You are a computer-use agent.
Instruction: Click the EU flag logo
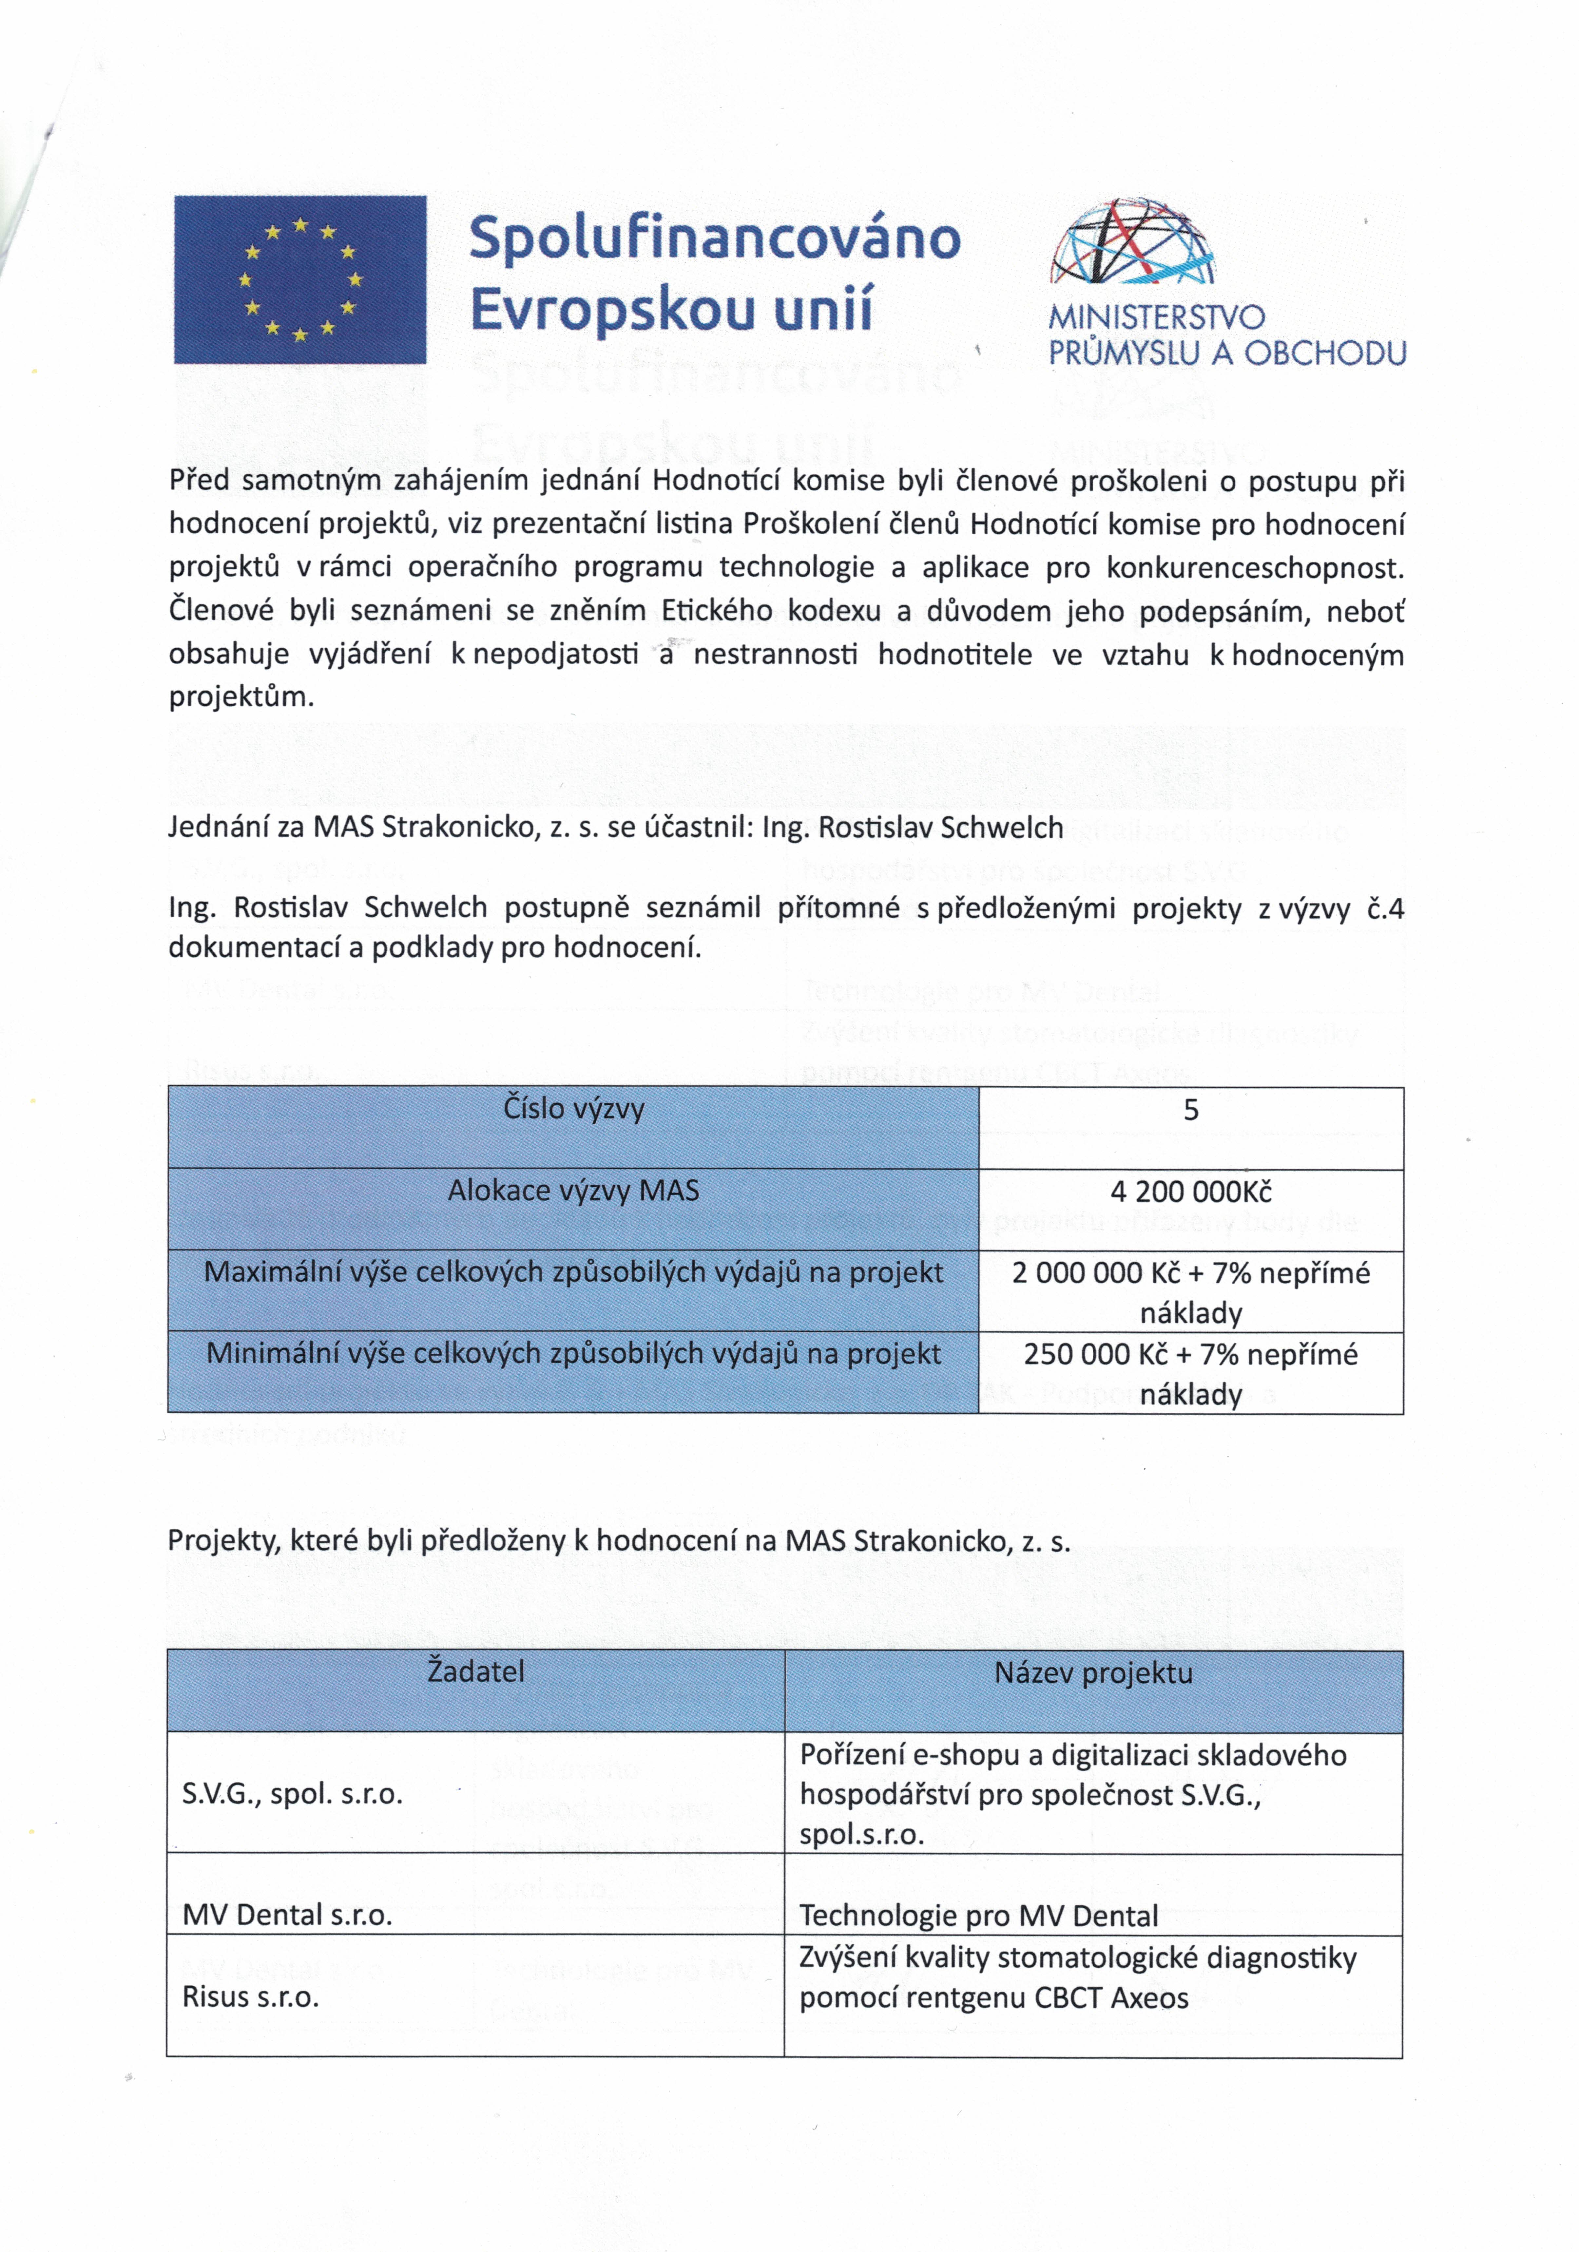(x=300, y=279)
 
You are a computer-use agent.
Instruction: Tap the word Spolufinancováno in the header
(x=714, y=239)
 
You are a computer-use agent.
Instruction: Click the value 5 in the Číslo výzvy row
(x=1191, y=1110)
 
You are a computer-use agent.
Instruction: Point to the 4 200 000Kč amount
(x=1191, y=1192)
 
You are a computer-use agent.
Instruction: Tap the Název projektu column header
(x=1093, y=1673)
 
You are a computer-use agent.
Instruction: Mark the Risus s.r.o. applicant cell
(x=251, y=1997)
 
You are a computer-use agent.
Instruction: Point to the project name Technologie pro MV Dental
(x=979, y=1916)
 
